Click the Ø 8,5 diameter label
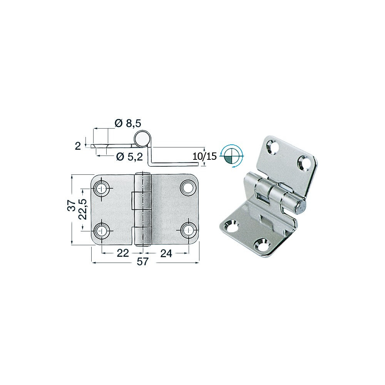128,123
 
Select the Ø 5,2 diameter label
129,156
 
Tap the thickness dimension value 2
78,146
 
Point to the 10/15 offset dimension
205,156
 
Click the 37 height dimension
72,205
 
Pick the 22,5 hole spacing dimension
83,209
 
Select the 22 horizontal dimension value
123,253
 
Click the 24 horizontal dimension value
166,253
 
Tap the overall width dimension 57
143,262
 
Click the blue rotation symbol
232,156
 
